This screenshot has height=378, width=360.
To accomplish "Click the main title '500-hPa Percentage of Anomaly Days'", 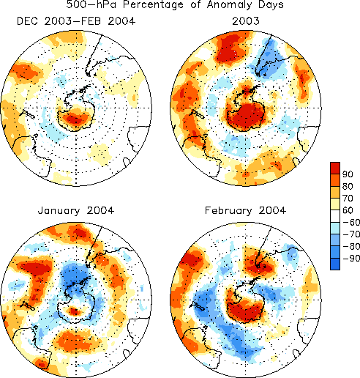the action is pos(175,4).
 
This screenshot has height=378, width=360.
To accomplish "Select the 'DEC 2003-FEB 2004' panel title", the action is pos(76,21).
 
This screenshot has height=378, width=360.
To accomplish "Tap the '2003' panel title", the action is pos(246,21).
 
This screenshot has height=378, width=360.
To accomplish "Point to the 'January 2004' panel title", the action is pos(76,210).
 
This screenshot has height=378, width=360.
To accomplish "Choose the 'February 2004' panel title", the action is pos(245,211).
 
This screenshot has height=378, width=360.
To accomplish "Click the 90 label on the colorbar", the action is pos(348,174).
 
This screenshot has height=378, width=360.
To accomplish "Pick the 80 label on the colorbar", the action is pos(348,186).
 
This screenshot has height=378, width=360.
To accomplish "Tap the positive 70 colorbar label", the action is pos(348,199).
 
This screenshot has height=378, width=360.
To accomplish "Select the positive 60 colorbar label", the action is pos(348,210).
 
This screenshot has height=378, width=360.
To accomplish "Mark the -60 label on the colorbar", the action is pos(351,222).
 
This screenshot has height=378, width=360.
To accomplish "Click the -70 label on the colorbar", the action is pos(351,234).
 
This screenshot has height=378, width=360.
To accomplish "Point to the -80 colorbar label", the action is pos(351,246).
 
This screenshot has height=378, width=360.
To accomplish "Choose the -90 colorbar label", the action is pos(351,258).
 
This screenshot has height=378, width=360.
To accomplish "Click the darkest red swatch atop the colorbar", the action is pos(335,168).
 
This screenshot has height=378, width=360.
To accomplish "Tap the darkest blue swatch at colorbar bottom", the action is pos(335,264).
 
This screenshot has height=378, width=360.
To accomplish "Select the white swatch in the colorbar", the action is pos(335,216).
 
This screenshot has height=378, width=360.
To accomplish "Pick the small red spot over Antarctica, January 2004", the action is pos(74,311).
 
